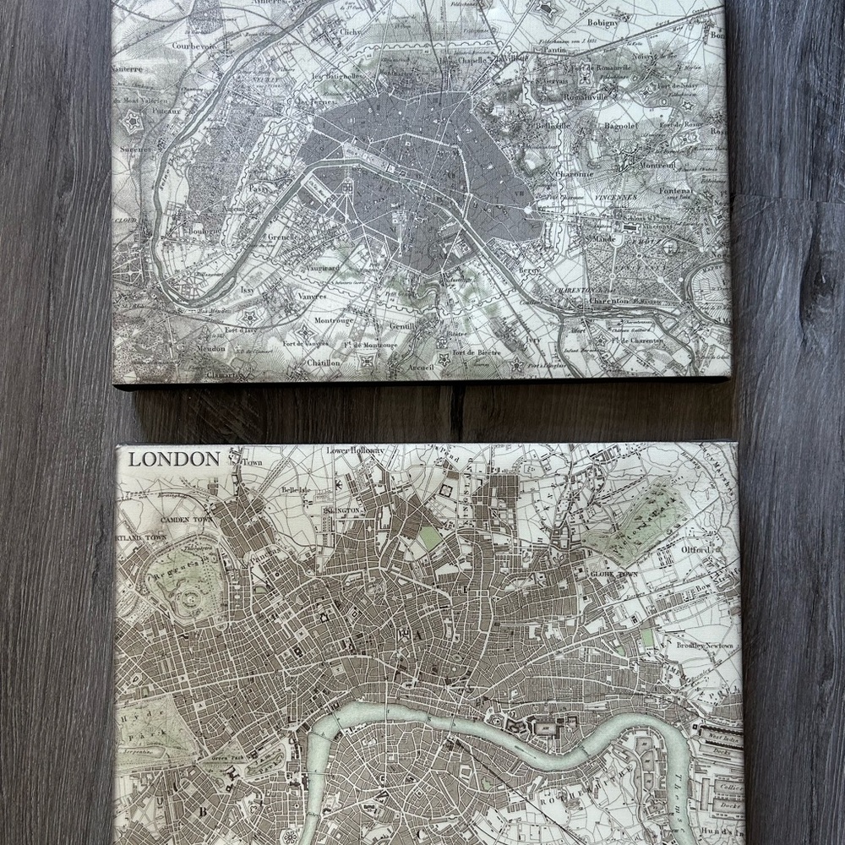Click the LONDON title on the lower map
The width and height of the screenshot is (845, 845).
(x=174, y=460)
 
